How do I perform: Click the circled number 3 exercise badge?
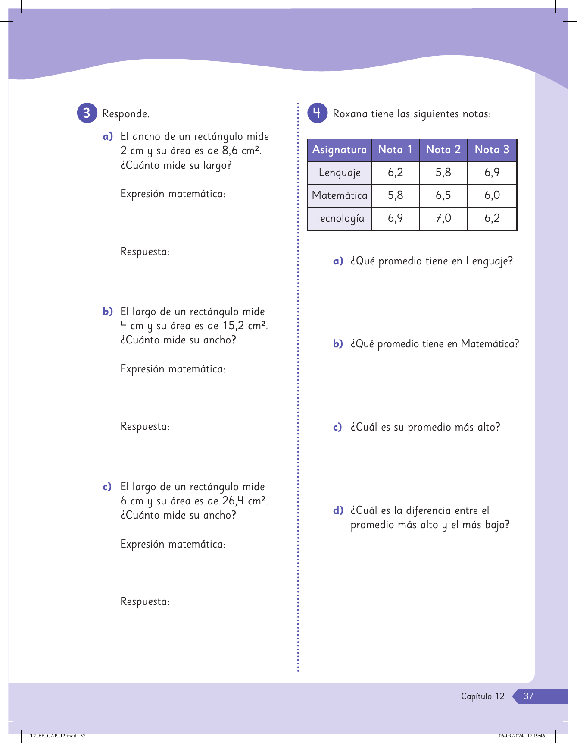coord(87,113)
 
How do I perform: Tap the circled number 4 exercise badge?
coord(317,113)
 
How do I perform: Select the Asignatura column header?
coord(340,150)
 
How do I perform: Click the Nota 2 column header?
coord(443,150)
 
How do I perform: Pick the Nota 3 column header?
coord(492,150)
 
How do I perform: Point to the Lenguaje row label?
coord(340,173)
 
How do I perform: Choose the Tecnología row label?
coord(340,218)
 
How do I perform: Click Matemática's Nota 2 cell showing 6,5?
coord(443,195)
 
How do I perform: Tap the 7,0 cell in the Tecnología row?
coord(443,218)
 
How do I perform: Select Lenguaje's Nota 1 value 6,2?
coord(395,173)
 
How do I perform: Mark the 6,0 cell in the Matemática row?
coord(492,195)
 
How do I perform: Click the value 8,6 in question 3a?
coord(230,151)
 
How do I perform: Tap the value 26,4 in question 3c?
coord(233,501)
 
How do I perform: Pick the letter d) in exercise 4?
coord(338,510)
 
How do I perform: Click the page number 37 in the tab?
coord(528,696)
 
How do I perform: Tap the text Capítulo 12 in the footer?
coord(483,696)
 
